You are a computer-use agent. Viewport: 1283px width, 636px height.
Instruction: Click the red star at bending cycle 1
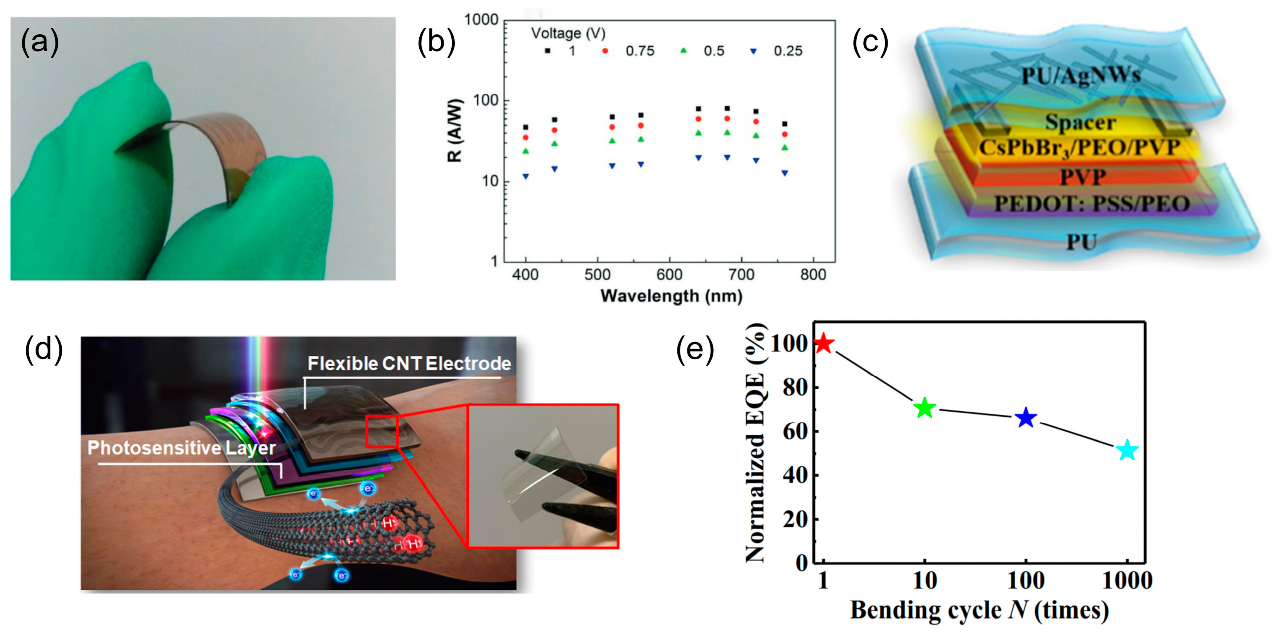coord(823,343)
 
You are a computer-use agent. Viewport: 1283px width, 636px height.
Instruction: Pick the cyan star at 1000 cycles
coord(1127,450)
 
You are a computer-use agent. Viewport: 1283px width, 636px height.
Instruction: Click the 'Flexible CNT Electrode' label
coord(409,364)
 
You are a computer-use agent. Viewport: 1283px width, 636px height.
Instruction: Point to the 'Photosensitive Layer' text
coord(181,448)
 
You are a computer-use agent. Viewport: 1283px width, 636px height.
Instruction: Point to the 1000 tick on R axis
coord(481,20)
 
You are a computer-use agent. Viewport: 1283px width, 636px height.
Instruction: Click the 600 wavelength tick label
coord(669,275)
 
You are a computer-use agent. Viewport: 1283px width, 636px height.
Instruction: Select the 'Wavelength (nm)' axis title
coord(671,296)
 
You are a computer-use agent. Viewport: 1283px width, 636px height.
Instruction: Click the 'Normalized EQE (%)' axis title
coord(755,443)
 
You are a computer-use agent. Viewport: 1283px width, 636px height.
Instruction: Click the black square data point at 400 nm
coord(525,128)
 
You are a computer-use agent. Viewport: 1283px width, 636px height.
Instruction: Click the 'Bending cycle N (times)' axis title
coord(979,610)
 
